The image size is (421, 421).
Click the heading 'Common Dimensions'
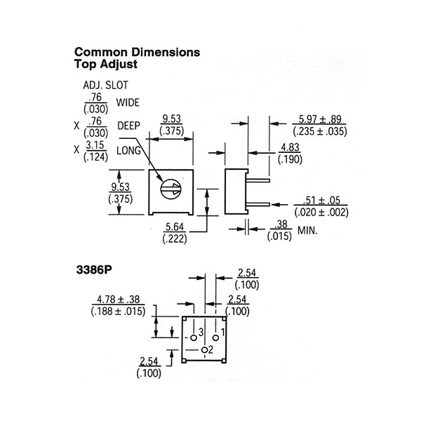coord(137,52)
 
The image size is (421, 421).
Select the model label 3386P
coord(94,270)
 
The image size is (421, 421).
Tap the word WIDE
coord(128,102)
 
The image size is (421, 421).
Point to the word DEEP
coord(129,126)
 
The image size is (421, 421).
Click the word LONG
coord(128,151)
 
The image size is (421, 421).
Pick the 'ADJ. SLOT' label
coord(105,85)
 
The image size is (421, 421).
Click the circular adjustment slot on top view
coord(171,189)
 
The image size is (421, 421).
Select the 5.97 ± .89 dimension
coord(320,119)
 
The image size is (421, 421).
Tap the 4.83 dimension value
coord(290,147)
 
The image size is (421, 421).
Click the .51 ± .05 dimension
coord(321,200)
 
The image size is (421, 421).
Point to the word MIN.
coord(307,230)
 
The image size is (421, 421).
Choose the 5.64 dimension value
coord(175,227)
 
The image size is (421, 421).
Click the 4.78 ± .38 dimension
coord(119,300)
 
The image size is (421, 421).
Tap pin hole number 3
coord(194,338)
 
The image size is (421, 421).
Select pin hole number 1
coord(215,338)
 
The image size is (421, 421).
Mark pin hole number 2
coord(205,350)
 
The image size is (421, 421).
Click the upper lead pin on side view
coord(258,180)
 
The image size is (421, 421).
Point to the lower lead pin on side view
coord(258,205)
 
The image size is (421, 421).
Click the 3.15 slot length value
coord(95,145)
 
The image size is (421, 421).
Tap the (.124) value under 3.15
coord(96,157)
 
